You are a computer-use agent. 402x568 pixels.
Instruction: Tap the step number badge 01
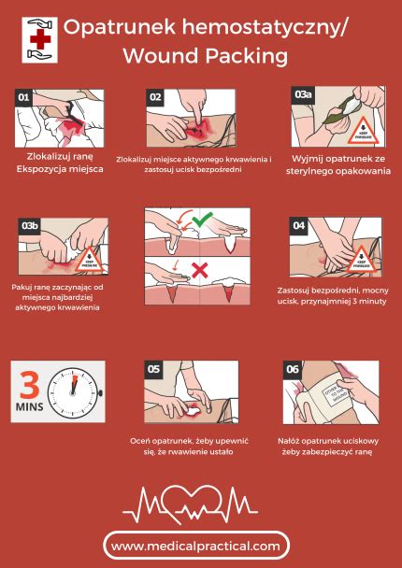tap(25, 97)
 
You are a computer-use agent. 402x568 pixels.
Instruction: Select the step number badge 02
tap(156, 97)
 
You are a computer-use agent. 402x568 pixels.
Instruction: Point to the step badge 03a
tap(303, 96)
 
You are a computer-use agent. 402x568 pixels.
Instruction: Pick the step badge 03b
tap(28, 225)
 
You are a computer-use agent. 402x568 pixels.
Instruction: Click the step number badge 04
tap(298, 225)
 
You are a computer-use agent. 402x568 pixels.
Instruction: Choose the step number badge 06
tap(293, 370)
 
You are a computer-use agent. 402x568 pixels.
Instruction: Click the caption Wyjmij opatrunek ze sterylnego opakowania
tap(337, 164)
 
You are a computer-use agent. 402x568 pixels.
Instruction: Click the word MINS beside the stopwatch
tap(32, 410)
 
